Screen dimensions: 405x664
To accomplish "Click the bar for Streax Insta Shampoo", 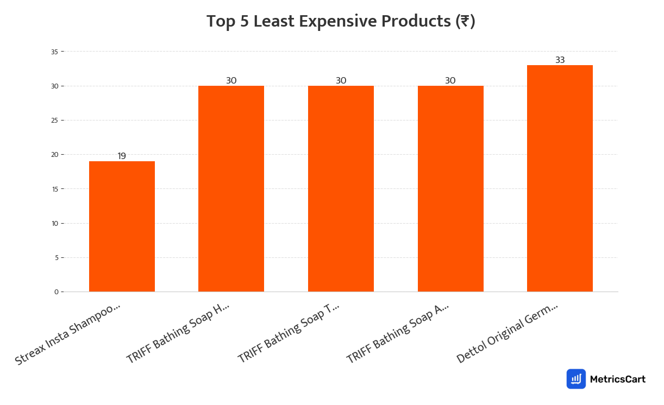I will tap(122, 226).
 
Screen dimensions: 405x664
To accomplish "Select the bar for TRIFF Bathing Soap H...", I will tap(231, 189).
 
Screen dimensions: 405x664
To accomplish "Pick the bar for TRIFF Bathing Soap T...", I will tap(341, 189).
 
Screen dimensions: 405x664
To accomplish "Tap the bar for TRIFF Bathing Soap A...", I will tap(450, 189).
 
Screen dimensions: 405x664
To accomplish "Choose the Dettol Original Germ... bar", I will tap(560, 179).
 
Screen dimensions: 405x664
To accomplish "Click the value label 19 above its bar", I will tap(122, 156).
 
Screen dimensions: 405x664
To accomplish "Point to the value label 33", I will tap(560, 60).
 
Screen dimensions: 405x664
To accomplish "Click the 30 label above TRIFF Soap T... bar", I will tap(341, 81).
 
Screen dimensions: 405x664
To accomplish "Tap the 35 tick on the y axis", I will tap(54, 52).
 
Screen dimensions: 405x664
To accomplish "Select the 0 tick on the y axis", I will tap(56, 292).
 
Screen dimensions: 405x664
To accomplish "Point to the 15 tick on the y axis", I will tap(54, 189).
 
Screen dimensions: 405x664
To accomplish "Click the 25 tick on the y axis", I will tap(54, 121).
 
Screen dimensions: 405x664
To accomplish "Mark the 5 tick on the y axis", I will tap(56, 258).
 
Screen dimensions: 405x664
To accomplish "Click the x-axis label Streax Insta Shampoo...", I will tap(67, 333).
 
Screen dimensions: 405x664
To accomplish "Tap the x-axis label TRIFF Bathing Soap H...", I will tap(178, 333).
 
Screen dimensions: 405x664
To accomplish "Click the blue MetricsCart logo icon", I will tap(576, 379).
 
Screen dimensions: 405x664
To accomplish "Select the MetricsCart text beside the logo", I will tap(617, 379).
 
